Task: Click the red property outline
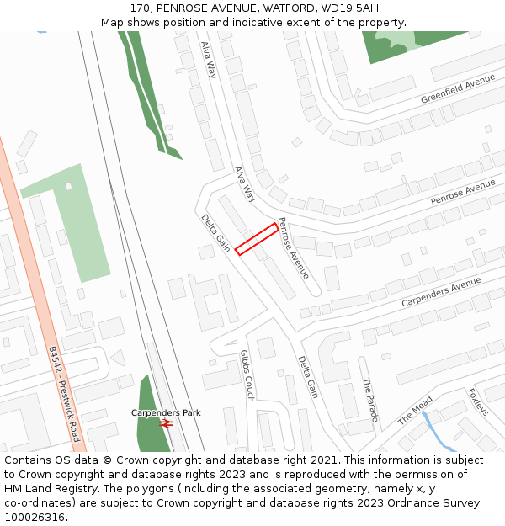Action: point(257,239)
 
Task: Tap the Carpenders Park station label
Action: point(166,413)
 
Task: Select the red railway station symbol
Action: point(167,425)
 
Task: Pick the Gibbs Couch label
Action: point(247,375)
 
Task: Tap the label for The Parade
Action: point(370,399)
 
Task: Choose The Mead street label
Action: point(415,410)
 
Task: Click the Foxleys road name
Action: point(477,401)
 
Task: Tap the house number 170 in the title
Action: point(139,8)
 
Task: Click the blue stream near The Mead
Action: point(435,430)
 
